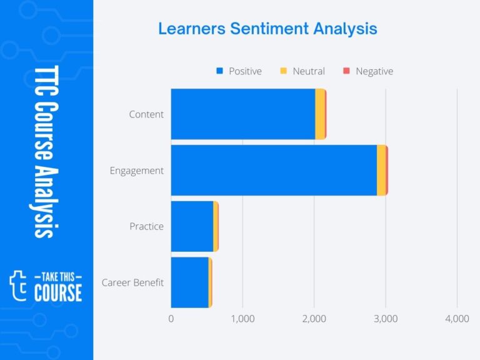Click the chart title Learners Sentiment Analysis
[267, 29]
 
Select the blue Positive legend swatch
[219, 71]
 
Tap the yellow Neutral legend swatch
[283, 71]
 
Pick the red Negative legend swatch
[346, 71]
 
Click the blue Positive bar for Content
[242, 114]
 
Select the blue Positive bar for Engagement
[273, 170]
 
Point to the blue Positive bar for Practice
[192, 226]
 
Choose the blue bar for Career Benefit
[189, 282]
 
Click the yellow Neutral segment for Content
[319, 114]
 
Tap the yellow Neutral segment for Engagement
[381, 170]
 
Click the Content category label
[146, 114]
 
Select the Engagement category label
[136, 171]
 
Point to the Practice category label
[146, 226]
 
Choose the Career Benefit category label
[132, 282]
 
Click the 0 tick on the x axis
[171, 319]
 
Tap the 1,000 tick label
[242, 319]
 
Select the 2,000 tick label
[314, 319]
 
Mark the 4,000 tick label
[457, 319]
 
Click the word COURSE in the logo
[57, 292]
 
